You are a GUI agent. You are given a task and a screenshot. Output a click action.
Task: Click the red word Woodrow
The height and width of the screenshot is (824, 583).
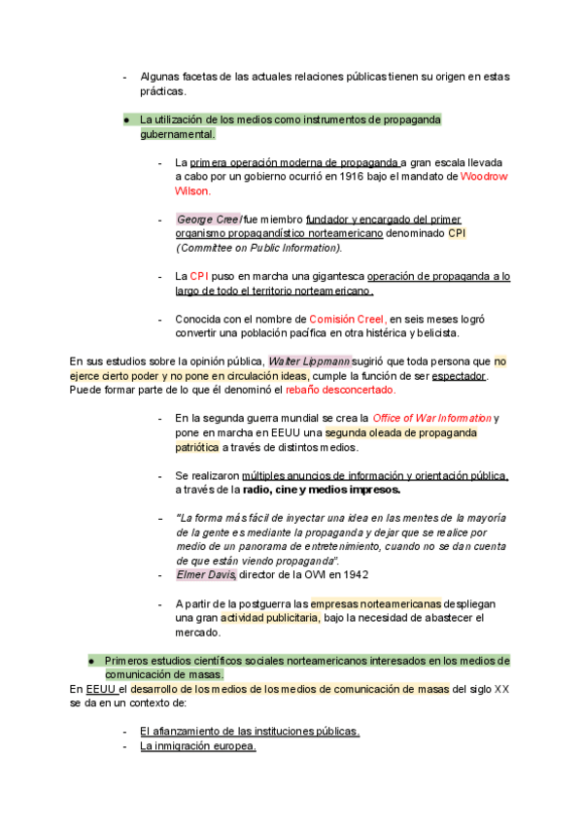484,177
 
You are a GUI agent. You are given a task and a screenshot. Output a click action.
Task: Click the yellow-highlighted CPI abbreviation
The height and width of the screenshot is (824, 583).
457,234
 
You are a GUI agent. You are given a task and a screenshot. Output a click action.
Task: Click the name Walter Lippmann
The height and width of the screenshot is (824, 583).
309,360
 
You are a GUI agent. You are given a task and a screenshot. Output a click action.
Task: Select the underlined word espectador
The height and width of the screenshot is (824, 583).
458,375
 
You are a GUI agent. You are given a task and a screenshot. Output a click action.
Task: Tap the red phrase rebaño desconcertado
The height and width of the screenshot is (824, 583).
340,390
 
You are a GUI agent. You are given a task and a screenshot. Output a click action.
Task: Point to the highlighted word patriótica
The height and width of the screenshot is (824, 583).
197,447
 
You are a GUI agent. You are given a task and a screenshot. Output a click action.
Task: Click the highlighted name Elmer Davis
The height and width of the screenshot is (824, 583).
205,575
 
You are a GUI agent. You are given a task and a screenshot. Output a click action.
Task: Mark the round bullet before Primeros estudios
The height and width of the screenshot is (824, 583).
90,660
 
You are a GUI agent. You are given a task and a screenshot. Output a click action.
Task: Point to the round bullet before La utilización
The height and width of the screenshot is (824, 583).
126,120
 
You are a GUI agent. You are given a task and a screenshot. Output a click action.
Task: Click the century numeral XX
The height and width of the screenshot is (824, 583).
501,689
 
